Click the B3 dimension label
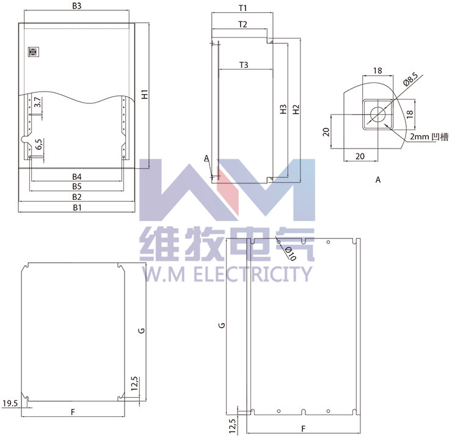77,6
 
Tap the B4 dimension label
77,177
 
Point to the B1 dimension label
77,208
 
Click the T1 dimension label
242,9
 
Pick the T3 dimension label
244,65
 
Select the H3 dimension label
283,110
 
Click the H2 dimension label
296,110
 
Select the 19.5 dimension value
10,403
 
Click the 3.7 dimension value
37,103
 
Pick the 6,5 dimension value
38,144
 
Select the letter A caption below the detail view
377,180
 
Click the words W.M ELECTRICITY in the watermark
225,274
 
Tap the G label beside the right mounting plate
222,325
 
